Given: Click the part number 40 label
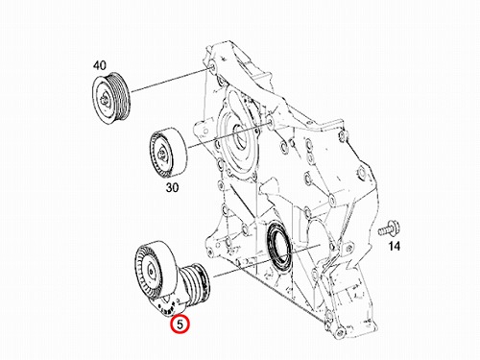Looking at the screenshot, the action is pyautogui.click(x=100, y=65).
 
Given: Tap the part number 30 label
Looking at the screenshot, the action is pyautogui.click(x=172, y=187).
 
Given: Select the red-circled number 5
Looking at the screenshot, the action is pyautogui.click(x=180, y=324).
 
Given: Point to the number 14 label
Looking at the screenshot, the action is pyautogui.click(x=395, y=246).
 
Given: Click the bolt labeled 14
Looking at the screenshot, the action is pyautogui.click(x=388, y=228).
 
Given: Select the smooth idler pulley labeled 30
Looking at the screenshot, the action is pyautogui.click(x=169, y=153).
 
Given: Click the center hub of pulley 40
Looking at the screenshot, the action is pyautogui.click(x=106, y=98).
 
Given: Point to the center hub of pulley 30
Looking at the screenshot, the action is pyautogui.click(x=162, y=155).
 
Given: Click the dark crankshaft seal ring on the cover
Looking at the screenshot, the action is pyautogui.click(x=280, y=248).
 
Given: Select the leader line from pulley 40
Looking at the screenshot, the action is pyautogui.click(x=171, y=81).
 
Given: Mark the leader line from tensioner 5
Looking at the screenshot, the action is pyautogui.click(x=267, y=261).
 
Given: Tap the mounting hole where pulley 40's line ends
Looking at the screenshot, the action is pyautogui.click(x=212, y=67).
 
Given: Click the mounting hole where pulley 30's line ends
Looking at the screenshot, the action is pyautogui.click(x=270, y=122).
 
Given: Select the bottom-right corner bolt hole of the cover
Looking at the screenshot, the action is pyautogui.click(x=339, y=330).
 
